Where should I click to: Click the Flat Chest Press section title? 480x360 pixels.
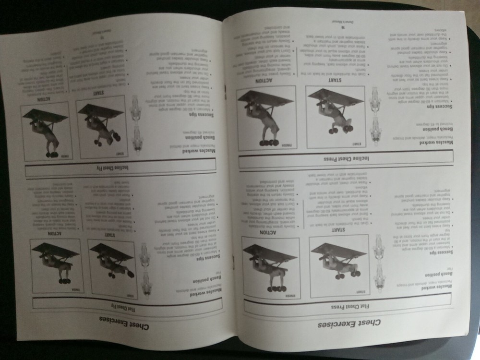pyautogui.click(x=346, y=304)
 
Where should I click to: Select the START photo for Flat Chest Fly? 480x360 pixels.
pyautogui.click(x=113, y=264)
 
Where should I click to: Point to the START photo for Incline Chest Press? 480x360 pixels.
pyautogui.click(x=336, y=117)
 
